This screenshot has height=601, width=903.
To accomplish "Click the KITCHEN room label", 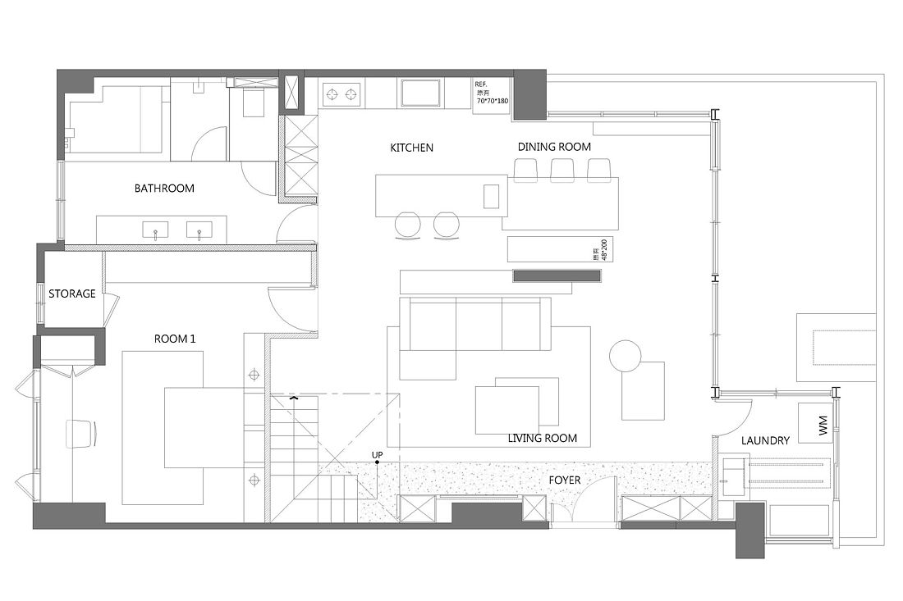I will coord(411,148).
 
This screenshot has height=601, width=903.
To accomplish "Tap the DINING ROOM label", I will coord(554,147).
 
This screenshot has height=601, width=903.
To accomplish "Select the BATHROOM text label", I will coord(164,189).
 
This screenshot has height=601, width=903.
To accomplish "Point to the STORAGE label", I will coord(72,294).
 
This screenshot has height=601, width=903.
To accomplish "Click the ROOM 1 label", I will coord(175,338).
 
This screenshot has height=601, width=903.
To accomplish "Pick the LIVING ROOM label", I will coord(542,438).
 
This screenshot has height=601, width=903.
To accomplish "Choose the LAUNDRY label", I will coord(765,440).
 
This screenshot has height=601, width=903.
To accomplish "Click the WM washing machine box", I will coord(823,425).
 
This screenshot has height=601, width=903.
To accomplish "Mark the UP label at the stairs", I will coord(377,454).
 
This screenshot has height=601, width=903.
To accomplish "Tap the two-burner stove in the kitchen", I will coord(342,94).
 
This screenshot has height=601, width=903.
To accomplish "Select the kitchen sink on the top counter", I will coord(422,93).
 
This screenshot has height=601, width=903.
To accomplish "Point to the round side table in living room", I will coord(625,355).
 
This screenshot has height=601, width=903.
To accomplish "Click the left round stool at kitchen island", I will coord(407,224).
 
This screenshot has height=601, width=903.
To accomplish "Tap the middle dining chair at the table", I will coord(562,170).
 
